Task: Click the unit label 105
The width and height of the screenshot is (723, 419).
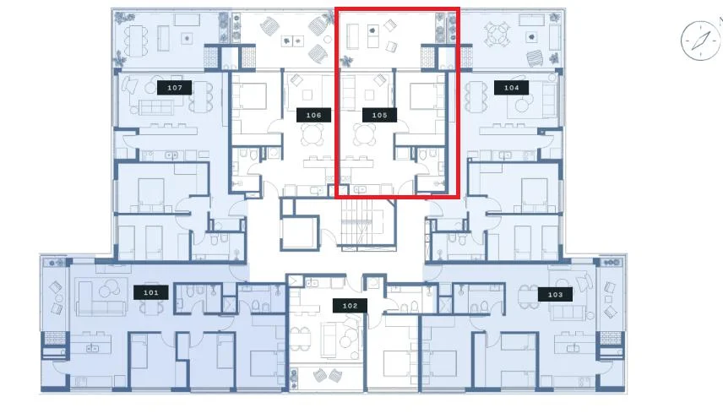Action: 379,115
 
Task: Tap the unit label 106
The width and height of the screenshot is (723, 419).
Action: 313,115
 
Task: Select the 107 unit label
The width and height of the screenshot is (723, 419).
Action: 174,88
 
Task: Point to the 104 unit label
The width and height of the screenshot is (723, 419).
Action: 511,88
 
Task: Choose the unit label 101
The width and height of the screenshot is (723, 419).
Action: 151,292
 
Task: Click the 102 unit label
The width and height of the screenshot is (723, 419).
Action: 350,306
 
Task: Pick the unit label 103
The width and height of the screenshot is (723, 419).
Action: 555,295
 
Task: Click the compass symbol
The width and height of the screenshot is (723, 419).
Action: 700,41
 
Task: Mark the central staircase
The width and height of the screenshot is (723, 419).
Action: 368,223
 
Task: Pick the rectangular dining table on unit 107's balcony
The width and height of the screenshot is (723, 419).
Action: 137,40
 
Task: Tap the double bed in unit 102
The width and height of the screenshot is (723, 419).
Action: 397,364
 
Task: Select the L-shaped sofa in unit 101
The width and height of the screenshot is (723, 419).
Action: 101,297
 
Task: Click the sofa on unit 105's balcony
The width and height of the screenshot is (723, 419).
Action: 354,36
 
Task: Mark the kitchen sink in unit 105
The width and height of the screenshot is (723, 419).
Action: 360,189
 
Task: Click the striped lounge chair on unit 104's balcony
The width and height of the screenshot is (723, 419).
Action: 535,58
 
